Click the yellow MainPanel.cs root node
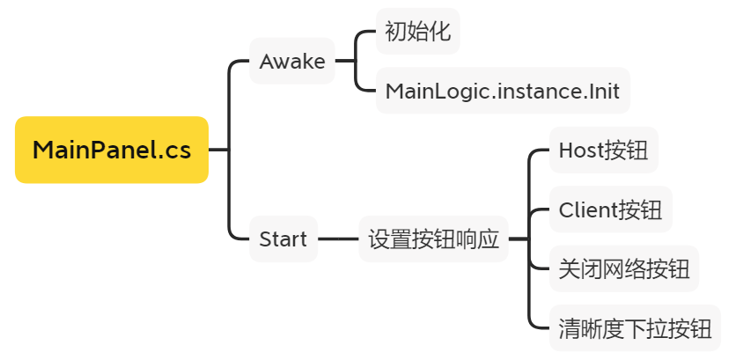[x=112, y=150]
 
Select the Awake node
[x=292, y=62]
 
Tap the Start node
[x=283, y=239]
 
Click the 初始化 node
[x=418, y=33]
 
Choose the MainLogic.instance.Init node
[x=503, y=91]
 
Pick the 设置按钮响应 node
[x=433, y=239]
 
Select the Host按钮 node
[x=603, y=150]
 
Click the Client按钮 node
[x=610, y=209]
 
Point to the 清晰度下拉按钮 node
[x=635, y=328]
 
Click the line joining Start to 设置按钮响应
[x=338, y=239]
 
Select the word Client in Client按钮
[x=587, y=209]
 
